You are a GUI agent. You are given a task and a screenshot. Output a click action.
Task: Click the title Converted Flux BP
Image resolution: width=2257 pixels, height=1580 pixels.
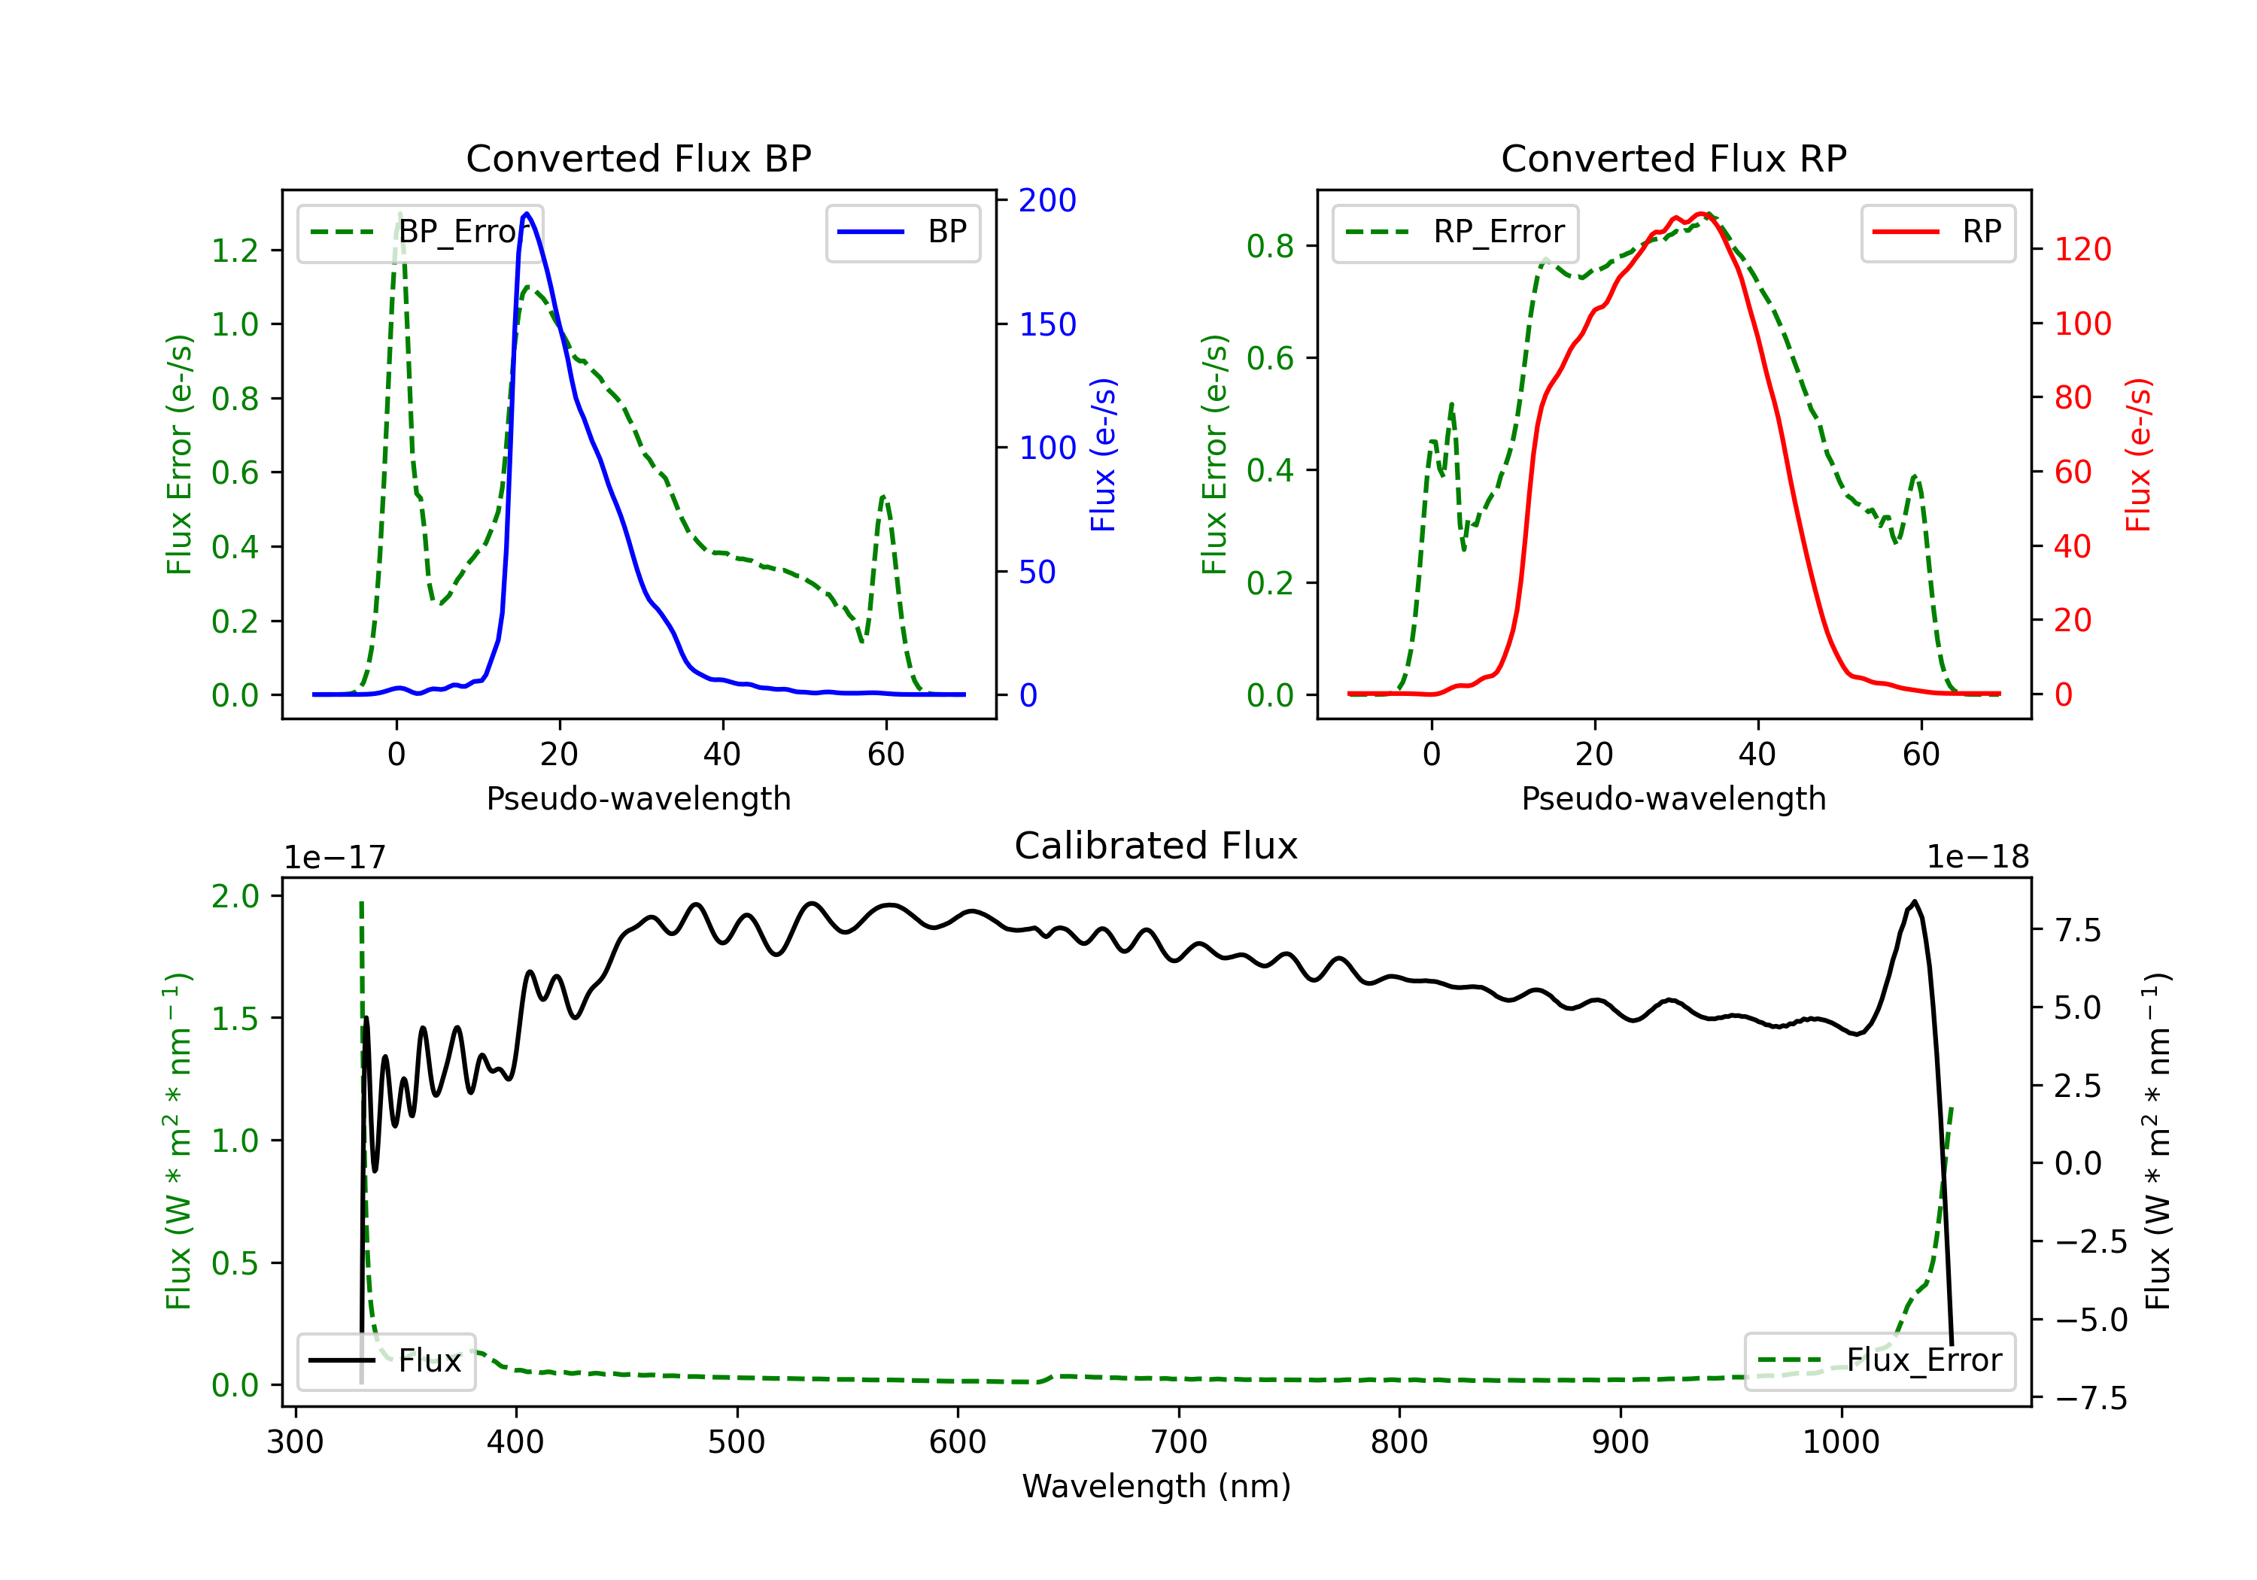638,158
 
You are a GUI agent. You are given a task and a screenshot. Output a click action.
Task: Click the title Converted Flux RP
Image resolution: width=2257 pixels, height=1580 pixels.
1673,158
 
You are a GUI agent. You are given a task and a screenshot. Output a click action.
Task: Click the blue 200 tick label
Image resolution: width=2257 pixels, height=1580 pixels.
1047,201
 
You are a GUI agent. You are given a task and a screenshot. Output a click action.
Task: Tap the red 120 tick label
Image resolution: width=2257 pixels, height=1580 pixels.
2082,250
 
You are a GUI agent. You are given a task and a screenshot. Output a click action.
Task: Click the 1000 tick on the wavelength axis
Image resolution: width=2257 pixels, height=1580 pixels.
1840,1442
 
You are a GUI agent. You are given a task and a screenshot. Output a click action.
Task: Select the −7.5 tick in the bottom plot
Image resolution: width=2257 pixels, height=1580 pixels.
2090,1397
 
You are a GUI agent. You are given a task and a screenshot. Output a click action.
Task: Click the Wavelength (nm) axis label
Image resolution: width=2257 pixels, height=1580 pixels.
1156,1486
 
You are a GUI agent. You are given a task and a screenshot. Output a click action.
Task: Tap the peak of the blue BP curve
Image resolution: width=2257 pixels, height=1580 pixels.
527,214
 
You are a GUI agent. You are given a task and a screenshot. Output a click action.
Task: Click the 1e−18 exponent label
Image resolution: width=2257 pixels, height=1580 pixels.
1977,858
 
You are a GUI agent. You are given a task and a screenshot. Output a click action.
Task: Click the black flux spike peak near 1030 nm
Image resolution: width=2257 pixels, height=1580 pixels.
1914,901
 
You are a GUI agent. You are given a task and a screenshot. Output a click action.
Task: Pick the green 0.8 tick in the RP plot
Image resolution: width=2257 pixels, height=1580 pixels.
1270,246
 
